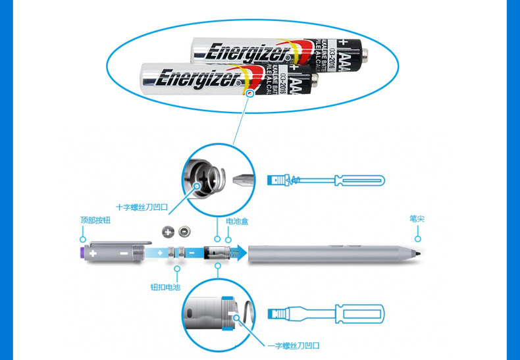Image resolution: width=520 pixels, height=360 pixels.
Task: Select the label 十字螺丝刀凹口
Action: [x=142, y=207]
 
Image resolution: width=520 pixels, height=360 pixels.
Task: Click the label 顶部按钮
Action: [x=92, y=219]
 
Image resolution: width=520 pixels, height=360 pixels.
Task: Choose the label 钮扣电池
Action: [x=165, y=288]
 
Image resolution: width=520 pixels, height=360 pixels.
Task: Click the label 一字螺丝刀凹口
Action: [x=293, y=345]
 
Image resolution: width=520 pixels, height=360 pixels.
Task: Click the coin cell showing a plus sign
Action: [x=168, y=231]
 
